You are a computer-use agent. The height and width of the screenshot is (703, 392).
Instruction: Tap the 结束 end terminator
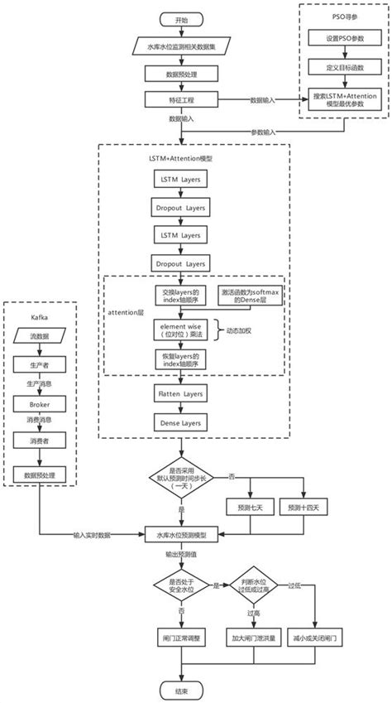pyautogui.click(x=180, y=690)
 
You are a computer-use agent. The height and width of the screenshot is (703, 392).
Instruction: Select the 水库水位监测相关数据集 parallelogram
pyautogui.click(x=180, y=48)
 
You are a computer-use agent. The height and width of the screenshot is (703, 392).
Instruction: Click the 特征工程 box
pyautogui.click(x=180, y=99)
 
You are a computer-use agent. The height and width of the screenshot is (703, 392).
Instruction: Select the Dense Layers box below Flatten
pyautogui.click(x=180, y=422)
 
